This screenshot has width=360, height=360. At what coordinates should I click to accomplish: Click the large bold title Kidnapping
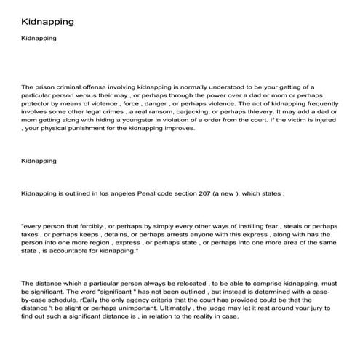coord(47,21)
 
